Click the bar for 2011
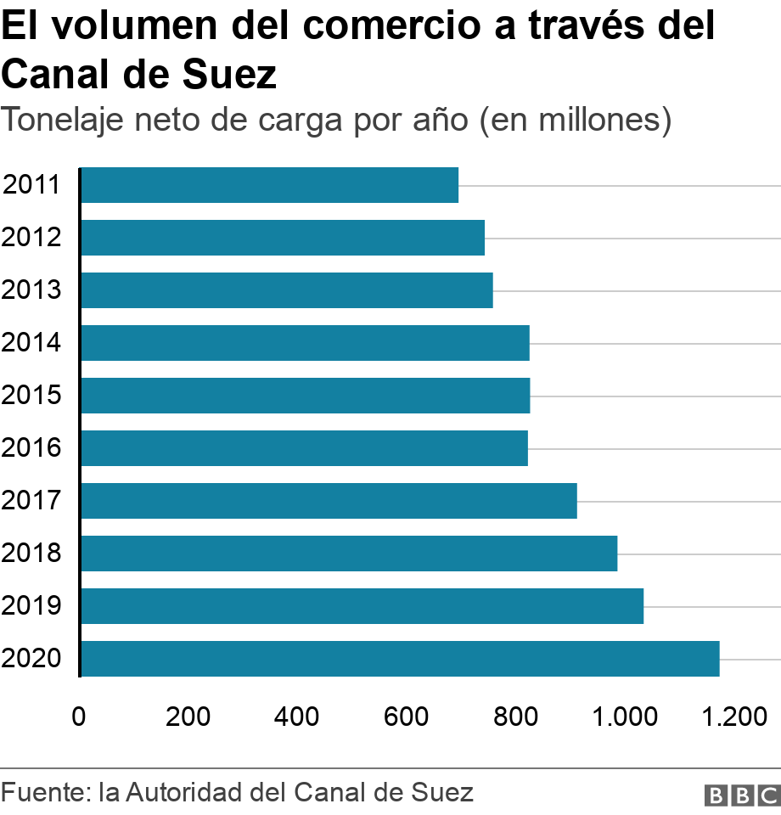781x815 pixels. click(x=270, y=185)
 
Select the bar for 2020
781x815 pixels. click(x=400, y=659)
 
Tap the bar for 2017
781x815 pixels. click(x=329, y=501)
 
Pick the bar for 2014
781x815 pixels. click(x=306, y=343)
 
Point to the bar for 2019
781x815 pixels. click(x=362, y=606)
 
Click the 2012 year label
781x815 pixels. click(x=31, y=238)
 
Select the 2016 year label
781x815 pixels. click(x=31, y=448)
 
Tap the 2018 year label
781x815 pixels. click(x=31, y=554)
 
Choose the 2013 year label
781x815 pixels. click(x=31, y=290)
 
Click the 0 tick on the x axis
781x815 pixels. click(x=79, y=717)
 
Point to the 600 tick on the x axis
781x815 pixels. click(x=406, y=717)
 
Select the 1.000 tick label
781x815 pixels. click(x=625, y=717)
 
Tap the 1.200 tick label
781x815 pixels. click(x=733, y=717)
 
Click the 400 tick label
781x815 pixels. click(x=297, y=717)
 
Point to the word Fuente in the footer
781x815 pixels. click(x=43, y=793)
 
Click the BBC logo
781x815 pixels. click(x=742, y=795)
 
